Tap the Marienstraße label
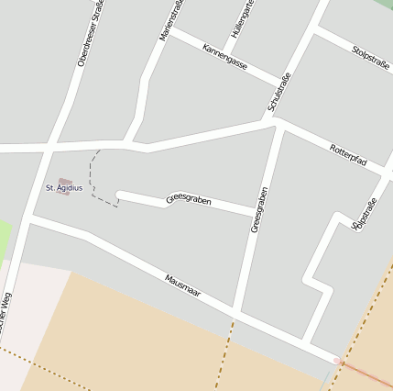coord(169,20)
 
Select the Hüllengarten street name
coord(242,18)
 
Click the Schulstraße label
coord(278,92)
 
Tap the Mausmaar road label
coord(183,290)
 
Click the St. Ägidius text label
coord(64,188)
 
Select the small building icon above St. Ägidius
coord(64,181)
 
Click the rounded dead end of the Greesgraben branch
coord(121,196)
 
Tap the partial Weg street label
coord(5,313)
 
